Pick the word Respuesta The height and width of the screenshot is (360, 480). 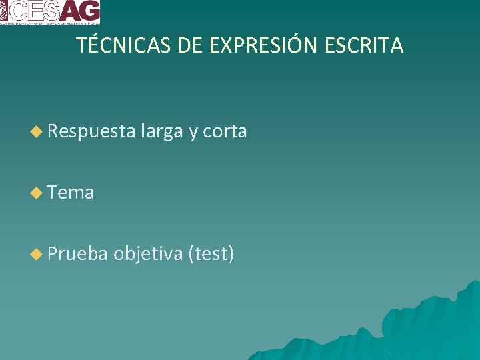[91, 132]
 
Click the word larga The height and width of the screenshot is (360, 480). [161, 132]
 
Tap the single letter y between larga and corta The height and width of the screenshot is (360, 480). [193, 133]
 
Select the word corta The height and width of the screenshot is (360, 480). [225, 132]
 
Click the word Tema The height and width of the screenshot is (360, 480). [71, 193]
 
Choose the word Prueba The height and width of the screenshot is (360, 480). [77, 253]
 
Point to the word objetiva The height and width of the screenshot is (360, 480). [148, 253]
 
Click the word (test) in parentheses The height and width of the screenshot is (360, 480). [211, 253]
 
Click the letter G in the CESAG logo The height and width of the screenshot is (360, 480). [89, 11]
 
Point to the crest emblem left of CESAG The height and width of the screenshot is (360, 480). [4, 10]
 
